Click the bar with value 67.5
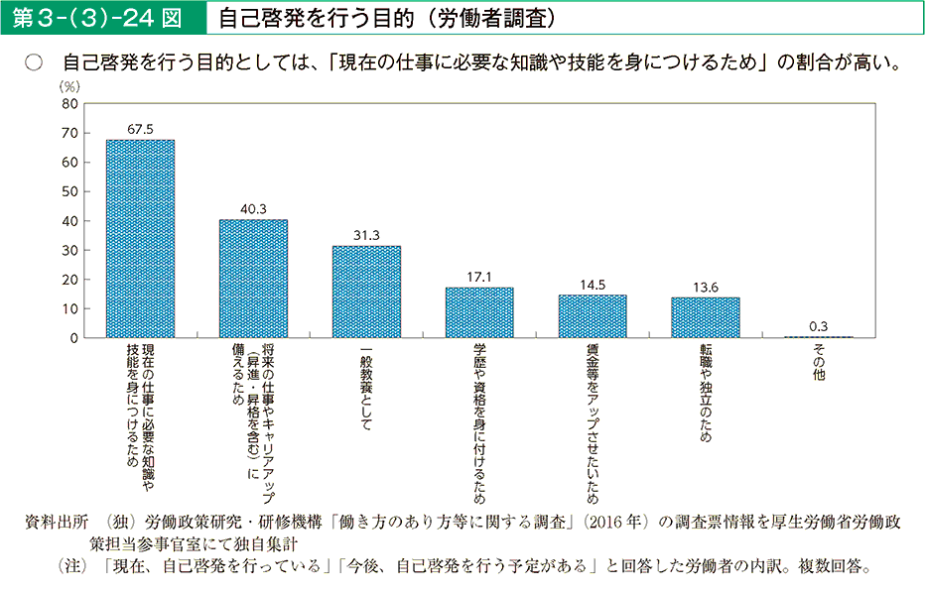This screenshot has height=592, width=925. (x=140, y=238)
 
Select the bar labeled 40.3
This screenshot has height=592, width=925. (x=253, y=279)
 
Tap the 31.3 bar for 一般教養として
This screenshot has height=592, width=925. (x=366, y=292)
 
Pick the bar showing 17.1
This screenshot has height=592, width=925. (x=479, y=312)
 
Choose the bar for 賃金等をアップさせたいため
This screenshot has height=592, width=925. (x=593, y=316)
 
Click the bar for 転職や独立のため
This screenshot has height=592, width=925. (x=706, y=317)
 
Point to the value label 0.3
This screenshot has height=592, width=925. (x=819, y=326)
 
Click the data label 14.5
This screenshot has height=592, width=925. (x=593, y=285)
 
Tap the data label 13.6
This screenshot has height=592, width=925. (x=706, y=288)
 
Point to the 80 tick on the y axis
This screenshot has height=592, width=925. (x=68, y=103)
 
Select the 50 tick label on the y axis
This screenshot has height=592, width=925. (x=68, y=191)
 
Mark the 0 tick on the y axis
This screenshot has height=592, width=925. (x=72, y=338)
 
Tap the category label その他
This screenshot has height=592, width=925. (x=819, y=362)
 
